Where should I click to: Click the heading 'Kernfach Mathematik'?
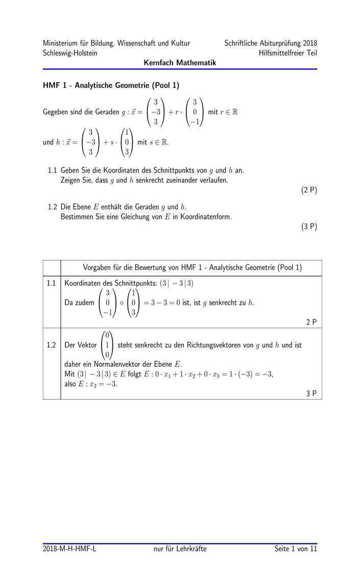click(180, 62)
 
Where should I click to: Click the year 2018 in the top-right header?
click(309, 43)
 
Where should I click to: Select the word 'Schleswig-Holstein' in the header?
click(70, 53)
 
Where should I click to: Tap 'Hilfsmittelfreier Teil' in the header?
click(288, 53)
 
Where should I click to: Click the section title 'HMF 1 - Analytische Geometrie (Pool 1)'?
click(111, 85)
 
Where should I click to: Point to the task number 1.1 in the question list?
click(52, 169)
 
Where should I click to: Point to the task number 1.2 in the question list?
click(52, 207)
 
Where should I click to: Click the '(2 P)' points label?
click(309, 190)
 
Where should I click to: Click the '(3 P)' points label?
click(309, 227)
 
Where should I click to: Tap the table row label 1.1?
click(51, 283)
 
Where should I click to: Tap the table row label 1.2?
click(51, 345)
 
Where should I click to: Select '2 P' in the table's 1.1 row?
click(311, 321)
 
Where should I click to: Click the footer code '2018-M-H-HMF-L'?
click(69, 548)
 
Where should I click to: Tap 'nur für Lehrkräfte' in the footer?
click(180, 548)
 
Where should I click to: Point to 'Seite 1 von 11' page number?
click(295, 548)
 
